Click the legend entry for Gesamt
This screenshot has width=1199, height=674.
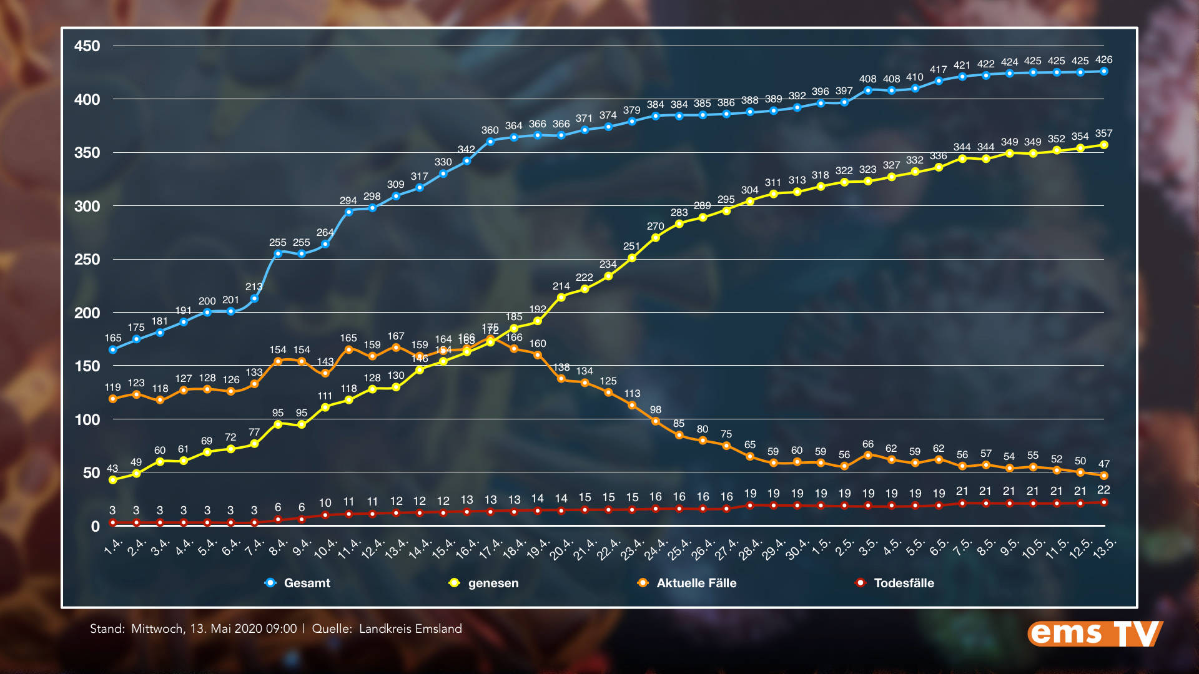(306, 583)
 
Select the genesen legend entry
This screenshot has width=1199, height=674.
(493, 583)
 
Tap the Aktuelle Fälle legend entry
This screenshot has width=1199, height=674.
(696, 583)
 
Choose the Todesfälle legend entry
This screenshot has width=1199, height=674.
(903, 583)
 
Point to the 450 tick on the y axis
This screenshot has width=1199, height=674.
(87, 46)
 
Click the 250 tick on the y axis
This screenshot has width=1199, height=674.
(87, 260)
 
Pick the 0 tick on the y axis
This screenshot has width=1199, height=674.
(95, 527)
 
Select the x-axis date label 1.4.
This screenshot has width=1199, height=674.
(113, 547)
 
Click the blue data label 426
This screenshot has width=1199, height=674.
(1103, 60)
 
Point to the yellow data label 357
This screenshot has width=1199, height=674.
(1103, 134)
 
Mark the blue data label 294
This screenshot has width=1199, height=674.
(348, 201)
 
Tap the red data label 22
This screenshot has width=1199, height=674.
(1103, 490)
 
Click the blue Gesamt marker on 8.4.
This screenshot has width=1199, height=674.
(278, 254)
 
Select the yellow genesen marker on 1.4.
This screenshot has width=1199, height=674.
(113, 480)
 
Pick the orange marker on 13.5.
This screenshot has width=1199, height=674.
(1103, 476)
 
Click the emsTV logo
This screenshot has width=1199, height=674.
(1095, 633)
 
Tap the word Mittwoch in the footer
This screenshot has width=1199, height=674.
(157, 629)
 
